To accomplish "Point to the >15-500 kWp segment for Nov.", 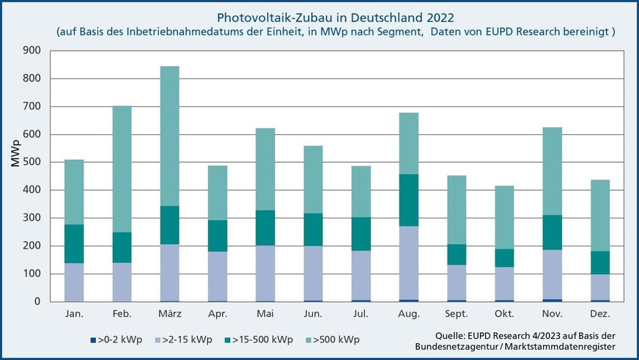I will tap(551, 232).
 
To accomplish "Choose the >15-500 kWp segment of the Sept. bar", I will tap(456, 254).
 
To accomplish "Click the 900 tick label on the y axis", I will tap(31, 51).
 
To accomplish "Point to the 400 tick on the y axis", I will tap(31, 190).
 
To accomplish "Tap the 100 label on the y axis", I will tap(31, 273).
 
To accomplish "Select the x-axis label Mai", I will tap(265, 314).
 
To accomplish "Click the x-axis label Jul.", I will tap(360, 314).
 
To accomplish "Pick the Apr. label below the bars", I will tap(217, 314).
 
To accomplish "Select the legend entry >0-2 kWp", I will tap(119, 339).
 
